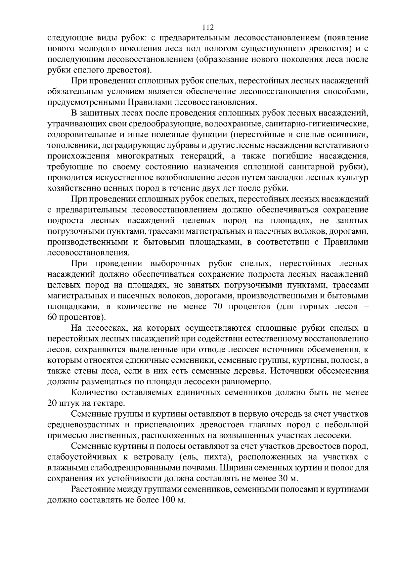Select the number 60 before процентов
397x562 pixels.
tap(53, 317)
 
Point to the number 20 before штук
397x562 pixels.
tap(53, 403)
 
